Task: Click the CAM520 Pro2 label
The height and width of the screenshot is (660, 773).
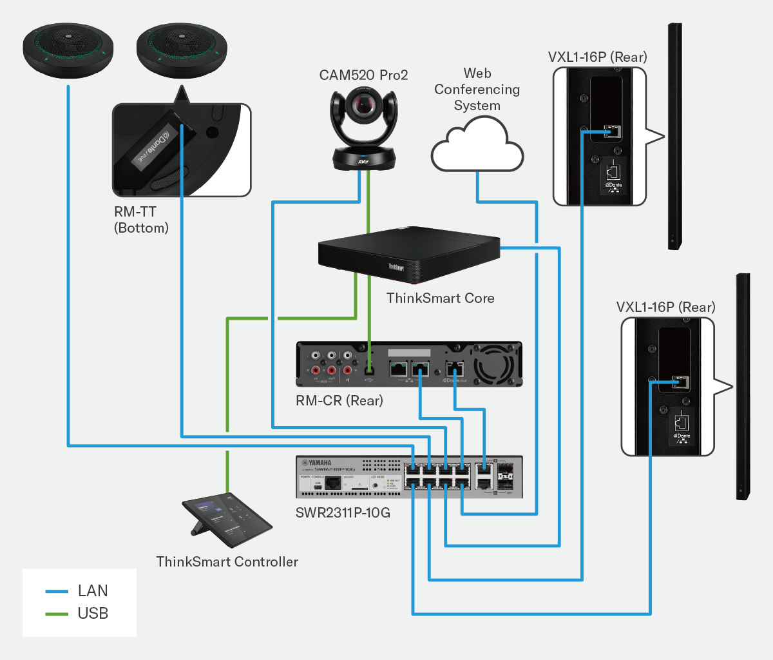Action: coord(363,75)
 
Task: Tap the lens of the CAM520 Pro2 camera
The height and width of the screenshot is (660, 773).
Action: coord(364,102)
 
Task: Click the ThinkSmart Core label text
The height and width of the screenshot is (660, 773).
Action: coord(440,298)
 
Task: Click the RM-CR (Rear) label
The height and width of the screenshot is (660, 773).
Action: coord(339,401)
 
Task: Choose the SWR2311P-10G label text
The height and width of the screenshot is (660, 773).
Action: coord(343,513)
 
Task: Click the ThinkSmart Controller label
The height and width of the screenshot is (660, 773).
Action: coord(227,562)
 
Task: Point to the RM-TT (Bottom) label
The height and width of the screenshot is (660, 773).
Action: coord(141,220)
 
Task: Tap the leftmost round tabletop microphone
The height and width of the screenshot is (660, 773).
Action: coord(68,50)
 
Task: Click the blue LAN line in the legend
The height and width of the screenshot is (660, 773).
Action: coord(57,592)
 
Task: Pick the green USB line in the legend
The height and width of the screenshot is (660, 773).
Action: coord(57,614)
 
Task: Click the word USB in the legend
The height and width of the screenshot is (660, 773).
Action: coord(93,614)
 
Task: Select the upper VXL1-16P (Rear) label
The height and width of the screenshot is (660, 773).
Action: coord(597,57)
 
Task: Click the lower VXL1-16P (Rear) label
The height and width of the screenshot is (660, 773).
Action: coord(665,307)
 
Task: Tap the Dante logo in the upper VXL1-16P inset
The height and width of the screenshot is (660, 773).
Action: coord(613,185)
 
